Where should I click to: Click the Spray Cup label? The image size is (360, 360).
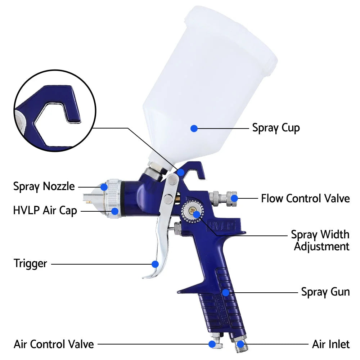click(x=276, y=128)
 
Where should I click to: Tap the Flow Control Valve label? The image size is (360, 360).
click(x=305, y=198)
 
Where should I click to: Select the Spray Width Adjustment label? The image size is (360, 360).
click(x=320, y=240)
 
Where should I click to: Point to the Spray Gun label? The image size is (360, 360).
click(x=325, y=292)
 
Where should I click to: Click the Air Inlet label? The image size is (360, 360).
click(x=330, y=344)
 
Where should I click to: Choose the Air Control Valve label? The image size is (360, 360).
click(x=54, y=344)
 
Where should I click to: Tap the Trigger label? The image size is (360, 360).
click(x=30, y=263)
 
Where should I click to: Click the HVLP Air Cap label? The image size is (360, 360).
click(x=45, y=211)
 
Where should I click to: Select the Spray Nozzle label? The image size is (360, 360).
click(x=44, y=186)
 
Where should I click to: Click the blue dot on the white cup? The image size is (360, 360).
click(x=194, y=128)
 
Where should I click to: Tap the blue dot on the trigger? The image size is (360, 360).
click(x=155, y=264)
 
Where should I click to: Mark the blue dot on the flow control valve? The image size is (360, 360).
click(x=234, y=198)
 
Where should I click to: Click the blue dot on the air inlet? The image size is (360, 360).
click(x=240, y=344)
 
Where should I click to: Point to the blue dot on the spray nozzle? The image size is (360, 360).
click(x=104, y=187)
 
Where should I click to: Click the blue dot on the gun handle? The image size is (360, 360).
click(x=225, y=292)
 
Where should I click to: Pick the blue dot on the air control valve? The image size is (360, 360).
click(x=212, y=344)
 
